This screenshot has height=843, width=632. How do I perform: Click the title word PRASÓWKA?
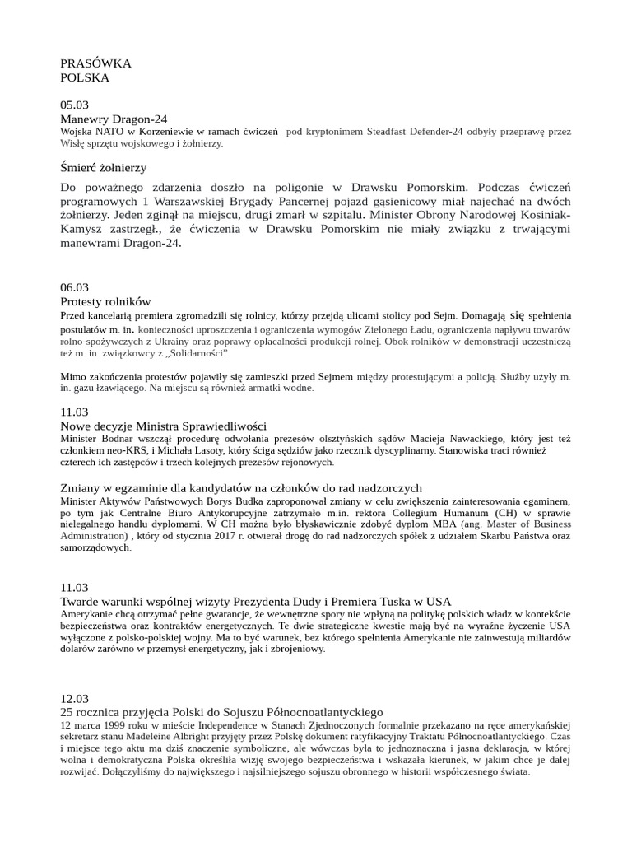tap(95, 63)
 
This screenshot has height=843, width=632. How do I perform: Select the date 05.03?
tap(74, 105)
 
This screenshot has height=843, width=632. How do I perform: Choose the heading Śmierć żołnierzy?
tap(104, 167)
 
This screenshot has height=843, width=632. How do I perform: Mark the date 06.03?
tap(74, 287)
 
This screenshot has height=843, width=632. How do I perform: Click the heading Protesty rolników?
tap(106, 301)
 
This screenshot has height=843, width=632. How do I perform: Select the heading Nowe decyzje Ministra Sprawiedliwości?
tap(164, 426)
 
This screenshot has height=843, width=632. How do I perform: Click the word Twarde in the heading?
tap(80, 601)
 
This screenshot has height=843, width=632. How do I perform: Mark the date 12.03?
tap(74, 697)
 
